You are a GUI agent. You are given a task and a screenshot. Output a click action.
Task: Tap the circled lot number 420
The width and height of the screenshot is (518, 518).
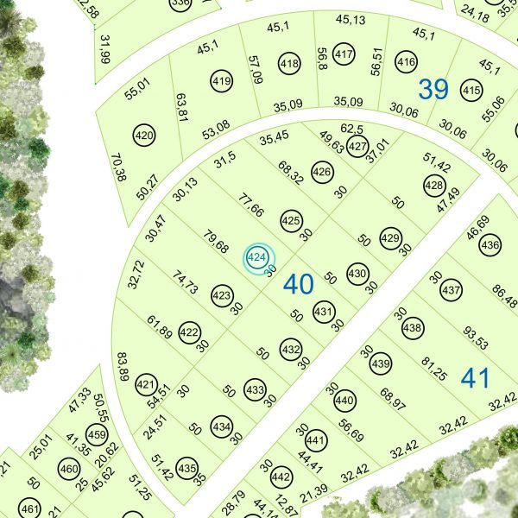(144, 136)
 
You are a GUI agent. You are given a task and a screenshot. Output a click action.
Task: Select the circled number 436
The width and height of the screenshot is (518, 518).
(490, 246)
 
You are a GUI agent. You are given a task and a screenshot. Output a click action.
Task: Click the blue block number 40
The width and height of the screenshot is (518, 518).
(299, 284)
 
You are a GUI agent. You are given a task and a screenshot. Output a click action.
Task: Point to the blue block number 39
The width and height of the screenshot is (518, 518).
(433, 88)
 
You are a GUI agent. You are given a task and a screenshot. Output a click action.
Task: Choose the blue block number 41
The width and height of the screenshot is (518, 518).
(476, 376)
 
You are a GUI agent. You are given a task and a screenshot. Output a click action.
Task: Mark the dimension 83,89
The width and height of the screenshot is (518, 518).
(123, 368)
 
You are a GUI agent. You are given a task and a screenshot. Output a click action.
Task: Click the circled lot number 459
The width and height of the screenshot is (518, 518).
(97, 434)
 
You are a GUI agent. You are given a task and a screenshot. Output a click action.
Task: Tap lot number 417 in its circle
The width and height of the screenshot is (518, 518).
(344, 56)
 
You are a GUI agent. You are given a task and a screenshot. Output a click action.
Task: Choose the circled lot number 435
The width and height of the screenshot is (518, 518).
(186, 468)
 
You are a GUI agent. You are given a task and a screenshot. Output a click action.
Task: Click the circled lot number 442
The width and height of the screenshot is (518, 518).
(281, 477)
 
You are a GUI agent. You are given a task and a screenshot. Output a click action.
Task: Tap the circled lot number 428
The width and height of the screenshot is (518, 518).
(434, 185)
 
